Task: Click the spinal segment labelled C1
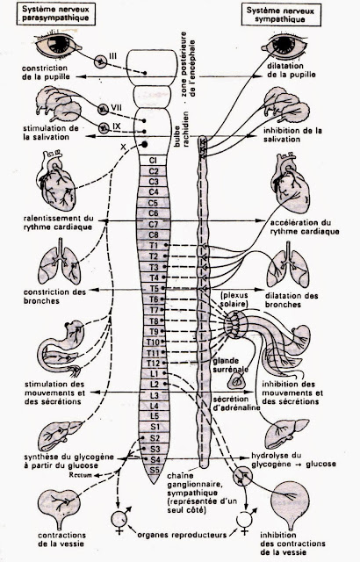coord(154,160)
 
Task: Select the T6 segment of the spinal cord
coord(154,298)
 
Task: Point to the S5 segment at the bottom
coord(154,470)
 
